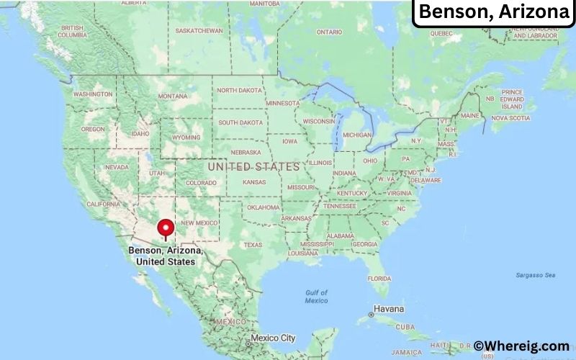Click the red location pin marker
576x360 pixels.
click(x=166, y=228)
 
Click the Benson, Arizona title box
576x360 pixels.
click(x=493, y=12)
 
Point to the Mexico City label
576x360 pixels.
click(x=273, y=338)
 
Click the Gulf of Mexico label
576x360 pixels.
click(x=316, y=296)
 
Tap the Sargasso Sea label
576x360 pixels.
click(x=536, y=275)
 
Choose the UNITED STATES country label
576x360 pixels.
click(x=253, y=166)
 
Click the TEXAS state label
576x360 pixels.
click(x=253, y=245)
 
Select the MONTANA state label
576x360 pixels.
click(x=173, y=96)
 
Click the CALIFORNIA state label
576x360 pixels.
click(x=103, y=204)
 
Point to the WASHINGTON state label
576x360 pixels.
click(x=93, y=94)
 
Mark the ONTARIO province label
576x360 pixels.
click(x=329, y=32)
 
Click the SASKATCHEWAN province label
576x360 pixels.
click(x=199, y=30)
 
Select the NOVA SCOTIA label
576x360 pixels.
click(x=510, y=117)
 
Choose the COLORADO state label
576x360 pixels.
click(x=201, y=183)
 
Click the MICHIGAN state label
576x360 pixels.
click(x=357, y=135)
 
